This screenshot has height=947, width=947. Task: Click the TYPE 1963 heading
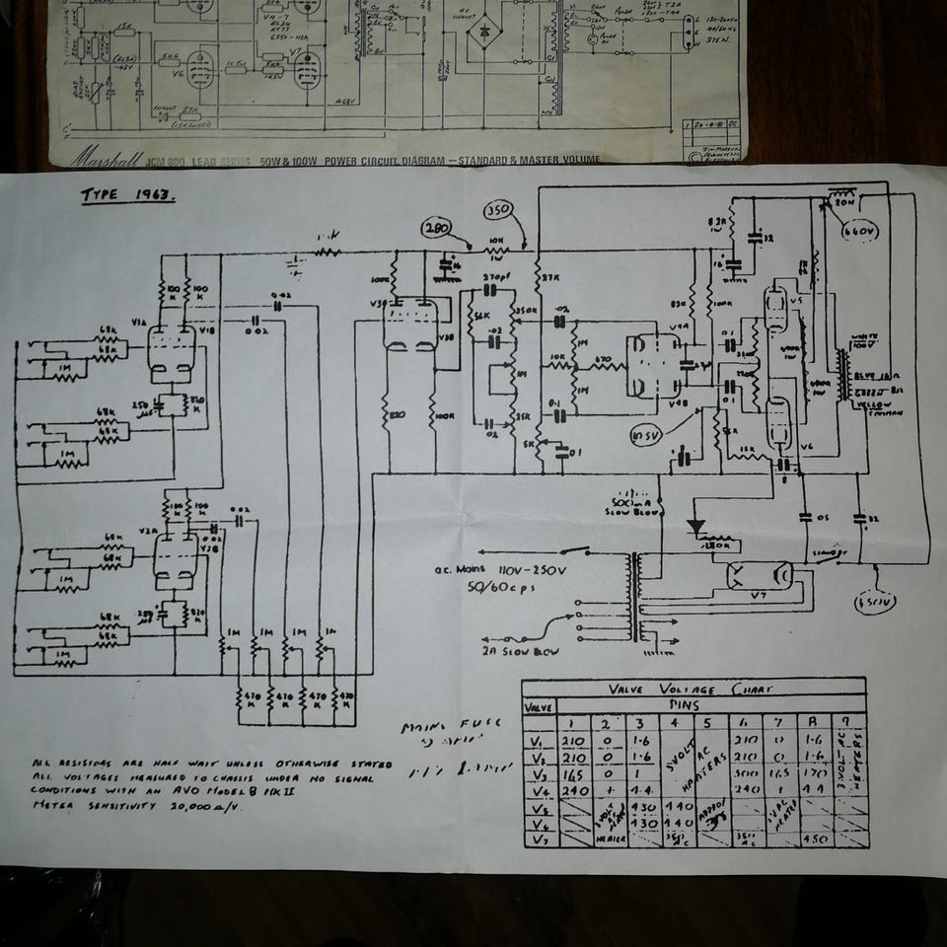(x=128, y=195)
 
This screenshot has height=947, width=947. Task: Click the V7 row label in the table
(x=541, y=839)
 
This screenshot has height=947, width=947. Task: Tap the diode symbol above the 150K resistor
(x=698, y=528)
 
